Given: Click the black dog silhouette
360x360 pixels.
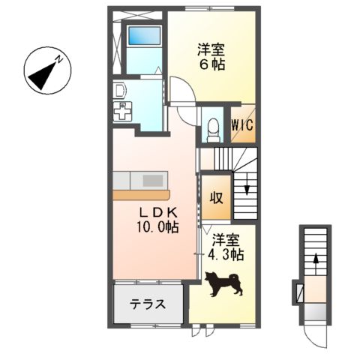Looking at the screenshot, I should (x=224, y=283).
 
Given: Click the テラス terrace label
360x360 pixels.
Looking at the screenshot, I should (x=148, y=304).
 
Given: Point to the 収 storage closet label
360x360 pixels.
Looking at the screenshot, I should (x=216, y=198).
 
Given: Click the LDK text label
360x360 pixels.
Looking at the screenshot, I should (x=155, y=211).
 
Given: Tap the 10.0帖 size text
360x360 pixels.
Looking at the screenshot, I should (x=157, y=227).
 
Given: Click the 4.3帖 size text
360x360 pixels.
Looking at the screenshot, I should (x=226, y=255).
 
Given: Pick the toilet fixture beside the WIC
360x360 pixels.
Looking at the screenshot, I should (x=211, y=129).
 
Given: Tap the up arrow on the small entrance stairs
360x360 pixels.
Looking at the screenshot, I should (x=315, y=260).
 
